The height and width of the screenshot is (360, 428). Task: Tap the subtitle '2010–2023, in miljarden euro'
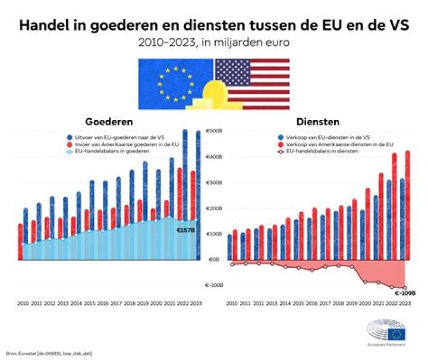214,43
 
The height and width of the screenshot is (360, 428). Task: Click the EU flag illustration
175,83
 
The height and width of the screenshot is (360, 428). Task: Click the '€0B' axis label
213,260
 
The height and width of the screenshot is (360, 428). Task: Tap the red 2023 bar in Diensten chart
407,205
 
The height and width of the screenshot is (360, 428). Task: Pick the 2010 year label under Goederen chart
23,303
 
